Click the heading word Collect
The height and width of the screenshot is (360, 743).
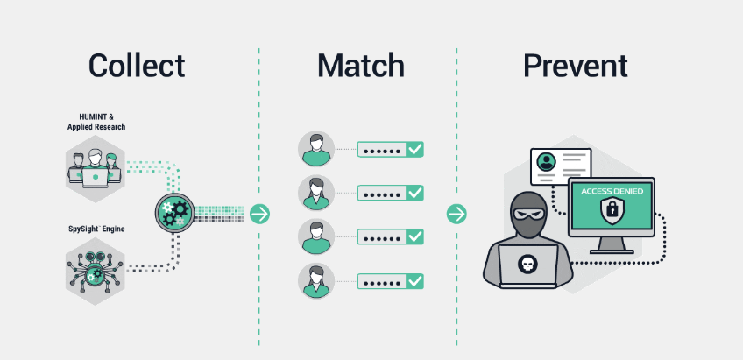tap(137, 66)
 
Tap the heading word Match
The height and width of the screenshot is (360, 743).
tap(360, 66)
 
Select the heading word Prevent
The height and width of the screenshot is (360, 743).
tap(576, 66)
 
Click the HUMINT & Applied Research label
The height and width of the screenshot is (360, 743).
tap(96, 122)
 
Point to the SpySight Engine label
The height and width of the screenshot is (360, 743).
tap(96, 229)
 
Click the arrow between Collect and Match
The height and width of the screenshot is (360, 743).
tap(259, 214)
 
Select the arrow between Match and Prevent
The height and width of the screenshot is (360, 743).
tap(456, 214)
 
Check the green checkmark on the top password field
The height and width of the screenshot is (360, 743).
tap(414, 150)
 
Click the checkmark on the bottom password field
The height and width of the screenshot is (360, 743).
tap(414, 281)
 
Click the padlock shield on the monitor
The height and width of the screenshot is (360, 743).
tap(611, 211)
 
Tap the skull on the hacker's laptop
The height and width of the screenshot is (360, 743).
tap(527, 263)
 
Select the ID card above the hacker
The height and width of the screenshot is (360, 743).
tap(561, 164)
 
